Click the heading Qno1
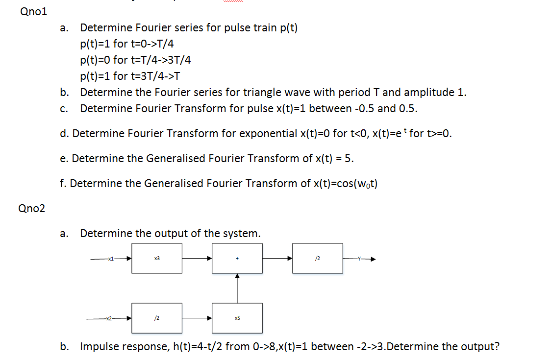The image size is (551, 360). [34, 12]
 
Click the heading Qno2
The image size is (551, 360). [31, 209]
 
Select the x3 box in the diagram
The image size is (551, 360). [157, 258]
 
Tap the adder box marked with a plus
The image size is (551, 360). [237, 258]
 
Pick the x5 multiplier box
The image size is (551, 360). [237, 318]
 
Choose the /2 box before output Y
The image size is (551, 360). [318, 258]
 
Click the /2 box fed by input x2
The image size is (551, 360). [157, 318]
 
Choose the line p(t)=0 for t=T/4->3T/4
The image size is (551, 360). [135, 60]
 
